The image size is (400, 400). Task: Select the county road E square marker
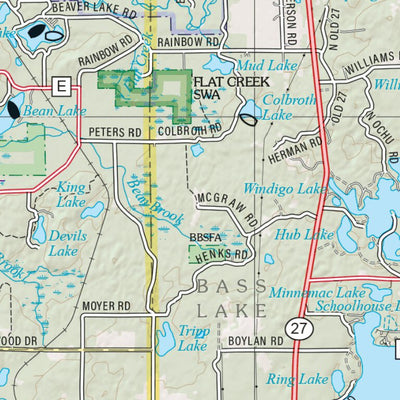click(x=61, y=87)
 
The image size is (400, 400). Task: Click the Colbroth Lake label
click(x=284, y=107)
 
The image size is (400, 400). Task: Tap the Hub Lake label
click(x=304, y=234)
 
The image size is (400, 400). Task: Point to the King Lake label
click(x=71, y=194)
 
